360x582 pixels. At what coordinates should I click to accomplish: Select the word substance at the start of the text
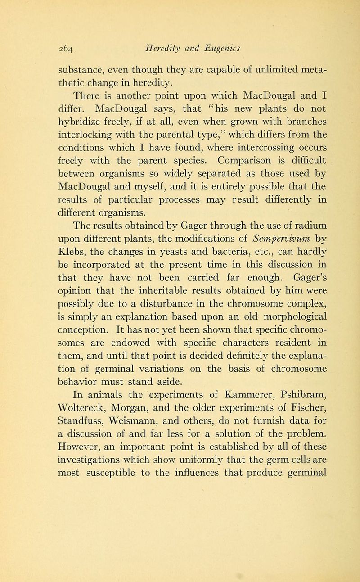[83, 70]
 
